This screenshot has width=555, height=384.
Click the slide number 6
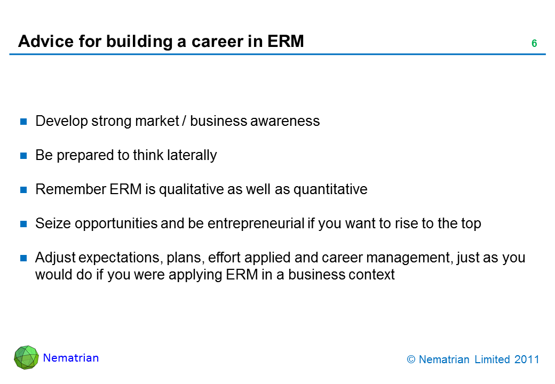pos(534,44)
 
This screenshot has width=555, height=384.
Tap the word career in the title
pos(217,42)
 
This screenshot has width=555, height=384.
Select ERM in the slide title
pos(286,42)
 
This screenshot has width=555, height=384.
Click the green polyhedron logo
pos(26,357)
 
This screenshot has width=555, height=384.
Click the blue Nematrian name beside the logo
pos(71,358)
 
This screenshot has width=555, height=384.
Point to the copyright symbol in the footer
pos(411,359)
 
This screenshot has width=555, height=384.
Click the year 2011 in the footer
pos(527,359)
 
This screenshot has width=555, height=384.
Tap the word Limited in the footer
pos(491,359)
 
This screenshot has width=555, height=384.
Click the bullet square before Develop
pos(23,122)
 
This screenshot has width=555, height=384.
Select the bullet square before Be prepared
pos(23,156)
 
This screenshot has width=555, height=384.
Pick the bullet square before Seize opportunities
pos(23,224)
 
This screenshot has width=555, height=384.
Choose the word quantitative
pos(330,190)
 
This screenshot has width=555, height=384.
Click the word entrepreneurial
pos(256,224)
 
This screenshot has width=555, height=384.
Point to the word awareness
pos(285,121)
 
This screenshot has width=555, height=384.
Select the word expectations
pos(121,258)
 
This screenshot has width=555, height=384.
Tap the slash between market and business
pos(184,121)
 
